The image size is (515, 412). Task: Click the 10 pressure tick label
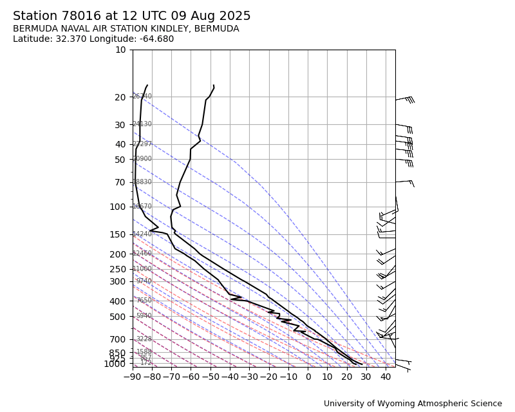pos(120,50)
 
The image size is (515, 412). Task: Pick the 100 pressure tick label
pos(118,207)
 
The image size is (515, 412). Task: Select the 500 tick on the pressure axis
pos(118,317)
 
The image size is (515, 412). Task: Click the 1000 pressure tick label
pos(115,364)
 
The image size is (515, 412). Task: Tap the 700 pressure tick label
pos(118,339)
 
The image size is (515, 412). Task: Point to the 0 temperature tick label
pos(308,377)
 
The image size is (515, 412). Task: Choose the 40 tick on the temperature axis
pos(386,377)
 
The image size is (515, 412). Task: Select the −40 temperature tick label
pos(230,377)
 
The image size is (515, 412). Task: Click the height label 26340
pos(142,97)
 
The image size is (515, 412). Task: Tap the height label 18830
pos(142,182)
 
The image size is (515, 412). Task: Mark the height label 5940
pos(144,316)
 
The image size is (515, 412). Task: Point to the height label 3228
pos(144,339)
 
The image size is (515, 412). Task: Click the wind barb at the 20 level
pos(404,99)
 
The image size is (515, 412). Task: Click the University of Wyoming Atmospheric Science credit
pos(413,404)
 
